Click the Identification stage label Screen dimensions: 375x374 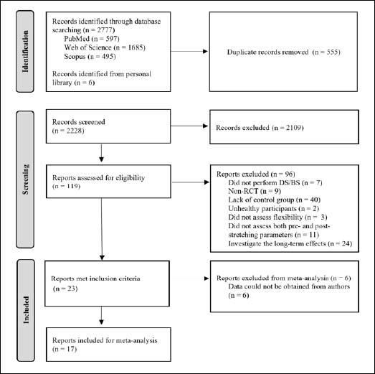[x=25, y=51]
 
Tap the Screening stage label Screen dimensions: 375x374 [x=25, y=179]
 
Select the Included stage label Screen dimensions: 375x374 [x=26, y=310]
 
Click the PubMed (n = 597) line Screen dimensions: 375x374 [x=92, y=39]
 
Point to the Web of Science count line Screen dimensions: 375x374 [x=105, y=47]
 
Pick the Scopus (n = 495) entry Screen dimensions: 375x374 [x=90, y=57]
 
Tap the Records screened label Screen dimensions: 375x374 [x=78, y=122]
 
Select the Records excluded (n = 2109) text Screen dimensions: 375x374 [x=260, y=128]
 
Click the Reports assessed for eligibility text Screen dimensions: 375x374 [x=98, y=177]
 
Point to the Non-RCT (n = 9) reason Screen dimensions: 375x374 [x=255, y=191]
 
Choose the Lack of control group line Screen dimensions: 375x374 [x=275, y=200]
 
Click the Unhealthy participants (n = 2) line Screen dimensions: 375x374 [x=274, y=209]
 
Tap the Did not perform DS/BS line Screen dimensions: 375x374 [x=275, y=182]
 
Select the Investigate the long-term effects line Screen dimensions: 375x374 [x=290, y=243]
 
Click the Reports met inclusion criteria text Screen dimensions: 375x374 [x=95, y=279]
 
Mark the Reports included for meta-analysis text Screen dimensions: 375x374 [x=105, y=340]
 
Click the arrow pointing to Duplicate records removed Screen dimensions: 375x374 [x=189, y=51]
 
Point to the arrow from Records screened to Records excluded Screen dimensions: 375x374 [x=189, y=126]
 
